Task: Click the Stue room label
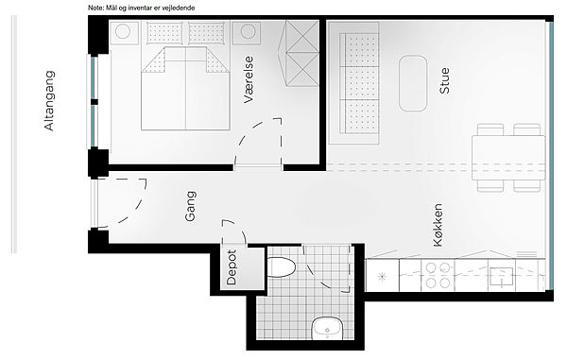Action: point(444,80)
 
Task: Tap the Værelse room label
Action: point(249,79)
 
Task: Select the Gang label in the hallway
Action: point(190,206)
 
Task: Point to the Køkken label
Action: point(438,225)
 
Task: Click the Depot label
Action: point(232,267)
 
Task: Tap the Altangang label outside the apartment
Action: point(49,100)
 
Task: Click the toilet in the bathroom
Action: point(282,267)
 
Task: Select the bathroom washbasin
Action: point(327,328)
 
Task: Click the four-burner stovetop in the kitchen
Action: point(438,275)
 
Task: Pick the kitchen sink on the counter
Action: point(501,277)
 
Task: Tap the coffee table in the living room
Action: point(413,83)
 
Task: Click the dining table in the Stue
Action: point(508,158)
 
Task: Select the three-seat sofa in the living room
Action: point(354,83)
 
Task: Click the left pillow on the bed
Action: point(164,33)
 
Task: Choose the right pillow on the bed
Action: point(206,33)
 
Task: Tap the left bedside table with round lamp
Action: point(124,33)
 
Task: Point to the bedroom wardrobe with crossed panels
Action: point(302,53)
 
